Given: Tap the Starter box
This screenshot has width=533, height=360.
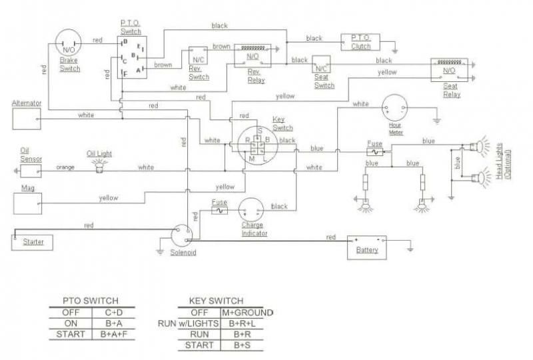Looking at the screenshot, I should (x=30, y=241).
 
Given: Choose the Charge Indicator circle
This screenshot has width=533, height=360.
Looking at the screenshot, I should (x=254, y=209).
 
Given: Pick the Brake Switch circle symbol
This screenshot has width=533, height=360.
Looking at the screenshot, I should (x=68, y=46).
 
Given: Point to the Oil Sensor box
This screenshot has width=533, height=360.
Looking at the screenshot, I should (x=30, y=171).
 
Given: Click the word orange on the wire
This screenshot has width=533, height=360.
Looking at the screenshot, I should (x=65, y=167).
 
